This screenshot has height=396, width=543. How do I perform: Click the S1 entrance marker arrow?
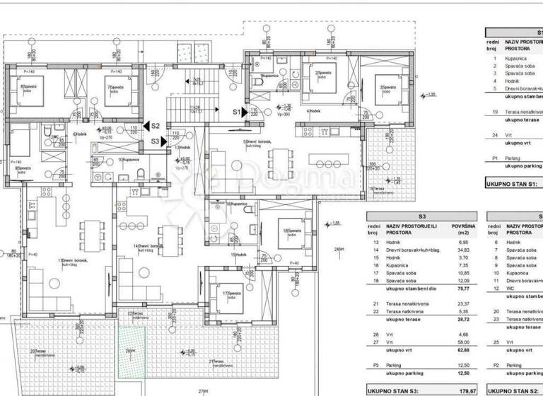pyautogui.click(x=245, y=111)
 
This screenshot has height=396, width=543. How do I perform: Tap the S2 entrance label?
pyautogui.click(x=156, y=125)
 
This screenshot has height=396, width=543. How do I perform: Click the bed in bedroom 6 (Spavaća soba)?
pyautogui.click(x=32, y=90)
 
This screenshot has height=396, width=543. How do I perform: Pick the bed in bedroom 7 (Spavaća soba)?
pyautogui.click(x=116, y=90)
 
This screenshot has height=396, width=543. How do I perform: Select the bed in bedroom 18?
pyautogui.click(x=288, y=232)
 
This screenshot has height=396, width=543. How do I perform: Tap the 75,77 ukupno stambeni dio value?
pyautogui.click(x=465, y=288)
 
